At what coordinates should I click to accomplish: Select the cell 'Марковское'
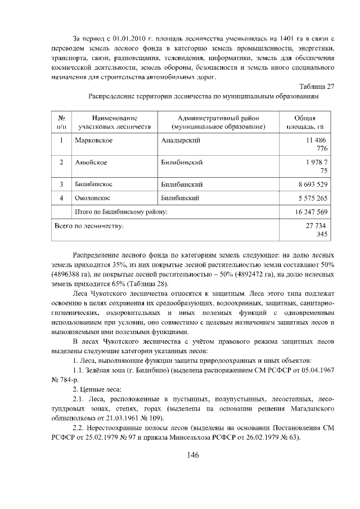pyautogui.click(x=94, y=139)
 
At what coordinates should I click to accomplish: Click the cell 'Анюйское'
pyautogui.click(x=91, y=162)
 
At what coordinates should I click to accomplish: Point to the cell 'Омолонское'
pyautogui.click(x=93, y=198)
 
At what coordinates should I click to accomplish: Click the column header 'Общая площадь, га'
pyautogui.click(x=308, y=123)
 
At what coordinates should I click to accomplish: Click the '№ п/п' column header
pyautogui.click(x=61, y=123)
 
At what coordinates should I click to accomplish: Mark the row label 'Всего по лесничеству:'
pyautogui.click(x=89, y=226)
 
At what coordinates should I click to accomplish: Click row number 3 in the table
pyautogui.click(x=61, y=184)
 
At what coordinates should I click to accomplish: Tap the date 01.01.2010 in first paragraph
pyautogui.click(x=130, y=39)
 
